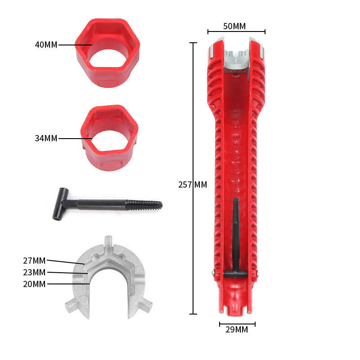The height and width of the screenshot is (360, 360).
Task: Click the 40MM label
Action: (x=46, y=45)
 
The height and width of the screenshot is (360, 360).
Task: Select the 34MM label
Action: (x=46, y=139)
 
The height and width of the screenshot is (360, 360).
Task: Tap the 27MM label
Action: (x=34, y=261)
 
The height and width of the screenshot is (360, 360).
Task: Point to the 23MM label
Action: (x=34, y=272)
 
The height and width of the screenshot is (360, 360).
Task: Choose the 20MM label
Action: (x=34, y=284)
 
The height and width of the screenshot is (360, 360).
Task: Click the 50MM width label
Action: (x=234, y=26)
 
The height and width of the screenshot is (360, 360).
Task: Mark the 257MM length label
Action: (x=193, y=184)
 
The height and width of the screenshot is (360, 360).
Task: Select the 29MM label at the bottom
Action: (x=237, y=329)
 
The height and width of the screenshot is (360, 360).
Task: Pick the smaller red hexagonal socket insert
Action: (x=109, y=137)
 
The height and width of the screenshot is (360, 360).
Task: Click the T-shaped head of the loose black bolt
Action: (x=58, y=204)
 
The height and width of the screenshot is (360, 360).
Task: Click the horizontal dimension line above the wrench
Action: (x=236, y=31)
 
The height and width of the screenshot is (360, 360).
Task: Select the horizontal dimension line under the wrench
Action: (x=237, y=323)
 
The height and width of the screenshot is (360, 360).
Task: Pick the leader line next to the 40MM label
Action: (x=74, y=45)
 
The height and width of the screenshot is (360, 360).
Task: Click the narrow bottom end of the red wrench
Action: (x=237, y=304)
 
